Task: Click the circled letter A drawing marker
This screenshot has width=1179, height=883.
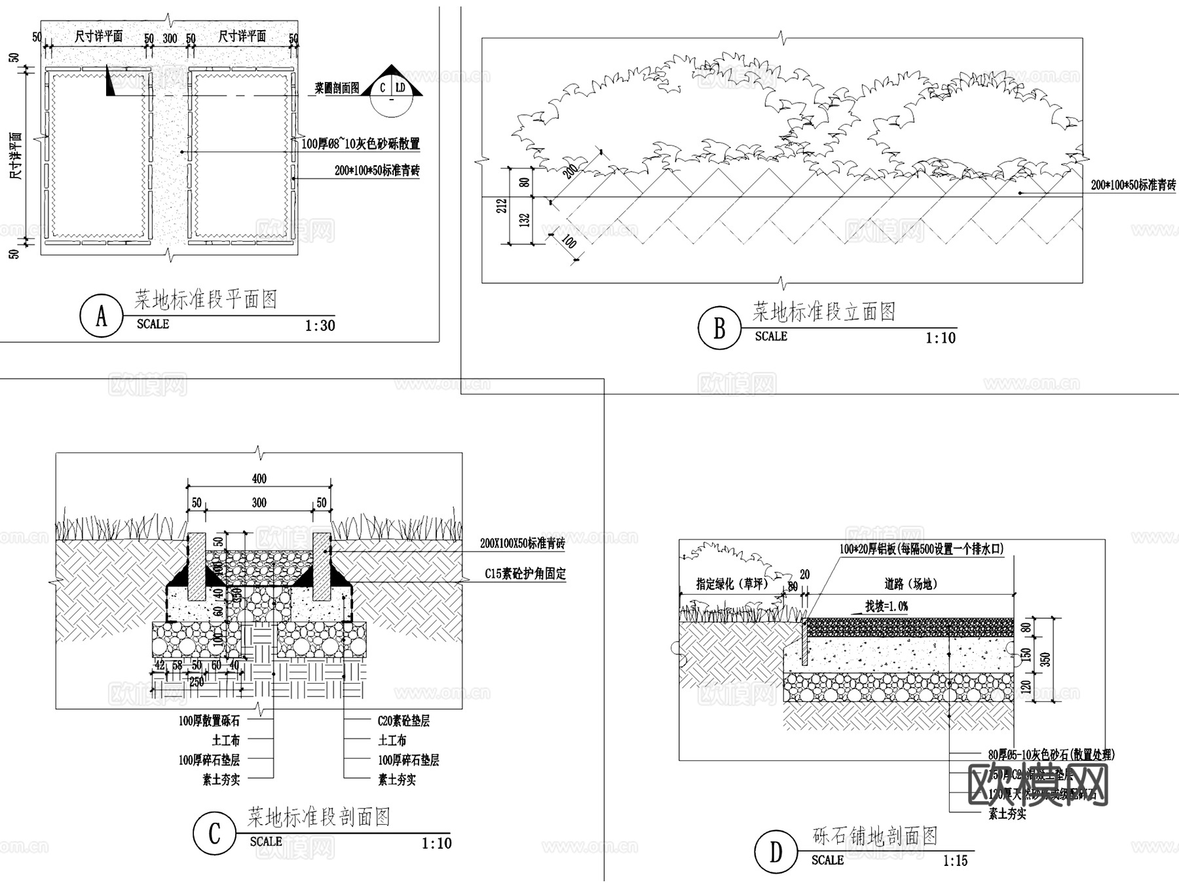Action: pos(101,316)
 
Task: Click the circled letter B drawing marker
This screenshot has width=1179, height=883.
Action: pos(719,328)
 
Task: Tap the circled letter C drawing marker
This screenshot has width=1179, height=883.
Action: pos(214,834)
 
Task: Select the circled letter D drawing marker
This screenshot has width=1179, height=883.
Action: pos(776,852)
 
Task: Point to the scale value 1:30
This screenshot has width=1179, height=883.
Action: pos(320,326)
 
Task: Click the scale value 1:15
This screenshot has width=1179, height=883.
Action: pos(955,861)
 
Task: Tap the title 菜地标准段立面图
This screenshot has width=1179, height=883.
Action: pos(823,311)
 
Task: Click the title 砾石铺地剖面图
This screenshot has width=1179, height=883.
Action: pos(875,836)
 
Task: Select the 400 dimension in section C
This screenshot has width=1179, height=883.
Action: pos(259,479)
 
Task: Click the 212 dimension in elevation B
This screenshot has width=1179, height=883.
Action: pos(502,206)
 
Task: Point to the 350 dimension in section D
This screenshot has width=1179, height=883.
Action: pos(1045,659)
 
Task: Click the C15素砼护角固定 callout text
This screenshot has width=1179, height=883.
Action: pos(525,574)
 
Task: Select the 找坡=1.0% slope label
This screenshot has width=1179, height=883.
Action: pos(886,606)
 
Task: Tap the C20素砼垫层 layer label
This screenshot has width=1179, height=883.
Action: pos(403,721)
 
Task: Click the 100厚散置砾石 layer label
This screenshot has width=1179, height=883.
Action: pos(209,721)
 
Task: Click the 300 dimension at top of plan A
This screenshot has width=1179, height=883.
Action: pos(170,39)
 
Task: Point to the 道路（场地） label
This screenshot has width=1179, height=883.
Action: pos(910,584)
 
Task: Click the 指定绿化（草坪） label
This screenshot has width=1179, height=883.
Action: pos(732,584)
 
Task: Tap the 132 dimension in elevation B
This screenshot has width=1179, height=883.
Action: pos(525,220)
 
